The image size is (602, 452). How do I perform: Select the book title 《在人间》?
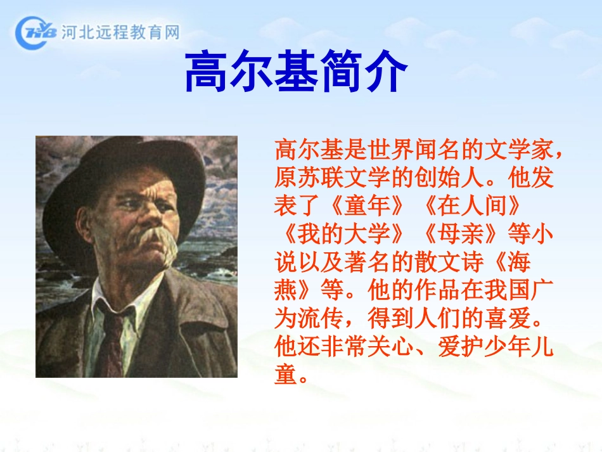[472, 206]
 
